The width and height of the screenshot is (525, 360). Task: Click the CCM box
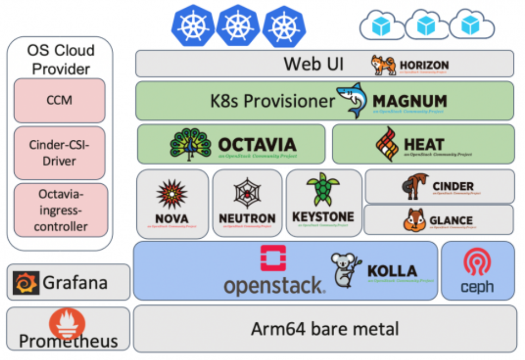tap(59, 101)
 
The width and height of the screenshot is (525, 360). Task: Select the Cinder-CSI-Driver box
tap(59, 153)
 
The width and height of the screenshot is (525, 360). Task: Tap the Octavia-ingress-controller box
tap(60, 210)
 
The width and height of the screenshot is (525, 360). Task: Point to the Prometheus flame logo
tap(67, 323)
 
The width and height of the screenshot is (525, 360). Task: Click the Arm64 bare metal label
tap(324, 328)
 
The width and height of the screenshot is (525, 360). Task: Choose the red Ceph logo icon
tap(477, 263)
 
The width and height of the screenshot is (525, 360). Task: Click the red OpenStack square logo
tap(273, 257)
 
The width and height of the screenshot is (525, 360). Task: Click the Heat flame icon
tap(387, 144)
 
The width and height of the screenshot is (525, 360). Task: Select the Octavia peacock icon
tap(190, 144)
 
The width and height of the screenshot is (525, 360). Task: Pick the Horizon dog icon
tap(384, 65)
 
